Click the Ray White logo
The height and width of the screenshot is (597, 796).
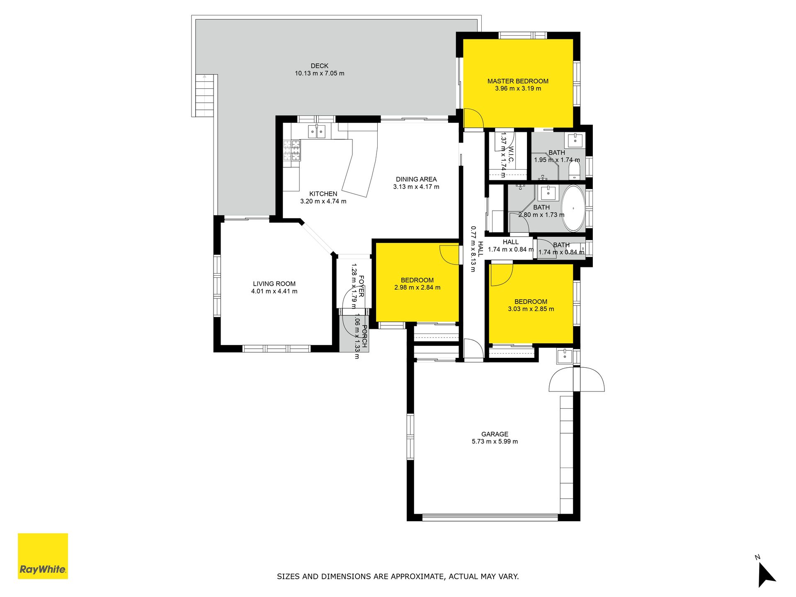coord(43,556)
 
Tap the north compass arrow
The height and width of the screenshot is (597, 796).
coord(766,575)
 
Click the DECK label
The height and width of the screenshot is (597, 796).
coord(319,66)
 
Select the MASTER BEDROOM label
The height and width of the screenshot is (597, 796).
coord(518,81)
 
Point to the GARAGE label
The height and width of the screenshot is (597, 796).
coord(495,434)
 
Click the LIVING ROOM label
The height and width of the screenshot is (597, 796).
coord(274,284)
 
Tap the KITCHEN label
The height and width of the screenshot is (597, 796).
coord(323,194)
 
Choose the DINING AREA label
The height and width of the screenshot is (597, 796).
coord(416,180)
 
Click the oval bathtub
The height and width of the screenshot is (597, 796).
coord(573,208)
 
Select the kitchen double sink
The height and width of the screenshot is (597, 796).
coord(317,131)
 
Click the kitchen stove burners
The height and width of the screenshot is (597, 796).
coord(292,150)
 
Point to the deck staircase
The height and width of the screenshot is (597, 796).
coord(206,95)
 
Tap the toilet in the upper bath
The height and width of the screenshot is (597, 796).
coord(574,170)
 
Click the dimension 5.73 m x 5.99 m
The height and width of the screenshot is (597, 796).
coord(495,442)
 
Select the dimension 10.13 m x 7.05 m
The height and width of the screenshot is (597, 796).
coord(319,73)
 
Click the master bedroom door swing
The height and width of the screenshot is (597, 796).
coord(473,118)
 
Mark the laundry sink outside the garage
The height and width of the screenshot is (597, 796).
coord(565,356)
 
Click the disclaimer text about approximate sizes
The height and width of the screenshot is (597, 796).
coord(398,576)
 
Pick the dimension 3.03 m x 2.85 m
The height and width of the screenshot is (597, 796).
coord(531,309)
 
